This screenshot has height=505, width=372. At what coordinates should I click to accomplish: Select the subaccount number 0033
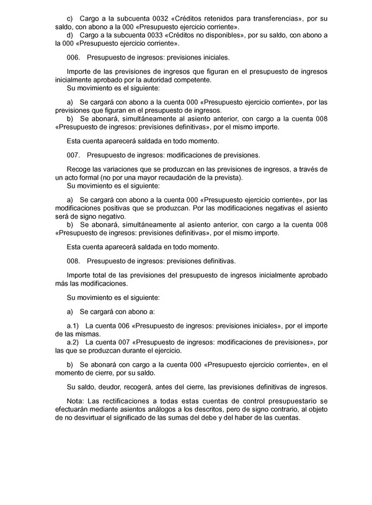(x=155, y=36)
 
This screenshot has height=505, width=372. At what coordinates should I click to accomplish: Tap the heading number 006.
(x=72, y=57)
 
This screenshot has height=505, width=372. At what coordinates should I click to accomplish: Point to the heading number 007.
(x=72, y=154)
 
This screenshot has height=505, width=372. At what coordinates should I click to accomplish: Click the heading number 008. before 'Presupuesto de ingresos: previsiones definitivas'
(x=72, y=261)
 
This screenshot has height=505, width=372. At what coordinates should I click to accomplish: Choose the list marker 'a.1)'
(x=74, y=325)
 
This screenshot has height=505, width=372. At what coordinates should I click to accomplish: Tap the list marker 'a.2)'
(x=74, y=341)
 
